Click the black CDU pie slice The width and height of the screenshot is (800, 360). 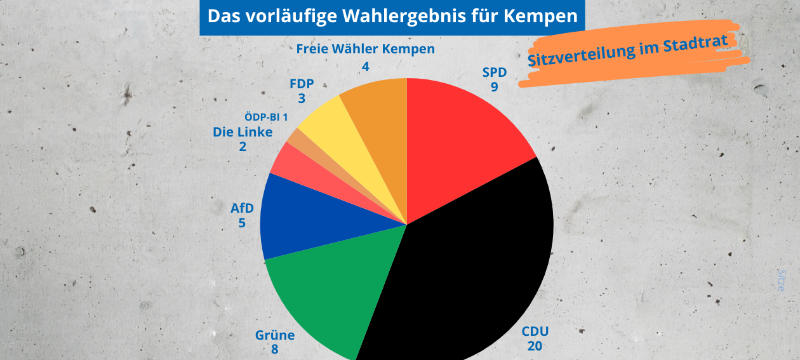pos(470,273)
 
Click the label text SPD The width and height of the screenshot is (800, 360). pos(494,72)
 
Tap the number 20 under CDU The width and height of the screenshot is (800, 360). pos(535,345)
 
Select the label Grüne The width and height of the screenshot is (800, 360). pos(274,335)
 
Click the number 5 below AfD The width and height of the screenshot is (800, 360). pos(242,223)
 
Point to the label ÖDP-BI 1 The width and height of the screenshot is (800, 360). pos(266,117)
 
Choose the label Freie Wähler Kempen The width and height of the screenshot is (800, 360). pos(365,49)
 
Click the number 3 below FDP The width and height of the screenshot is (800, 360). pos(301,98)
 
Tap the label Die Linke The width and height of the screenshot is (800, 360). pos(243,132)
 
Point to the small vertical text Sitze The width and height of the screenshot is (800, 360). pos(782,280)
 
